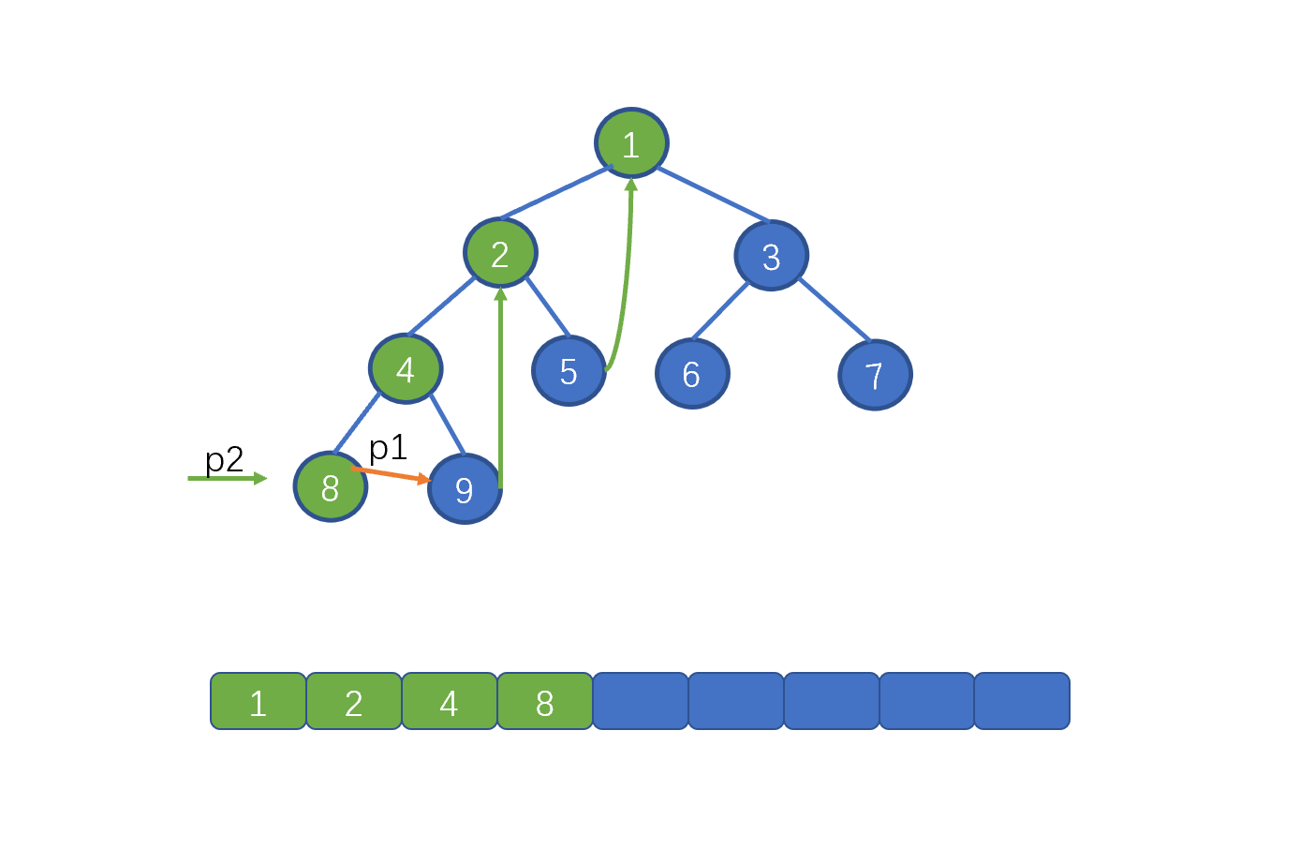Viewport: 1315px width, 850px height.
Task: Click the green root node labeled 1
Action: point(631,142)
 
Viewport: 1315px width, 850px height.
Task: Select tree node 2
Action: point(500,253)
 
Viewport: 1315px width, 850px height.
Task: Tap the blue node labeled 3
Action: point(772,256)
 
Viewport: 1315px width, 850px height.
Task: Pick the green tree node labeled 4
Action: point(406,369)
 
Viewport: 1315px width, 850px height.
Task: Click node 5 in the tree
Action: point(569,371)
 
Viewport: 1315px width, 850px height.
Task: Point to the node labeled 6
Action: point(693,374)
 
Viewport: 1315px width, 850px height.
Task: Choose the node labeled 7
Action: point(876,375)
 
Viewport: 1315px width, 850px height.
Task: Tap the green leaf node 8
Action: point(331,486)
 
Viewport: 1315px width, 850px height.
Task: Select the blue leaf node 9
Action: point(465,489)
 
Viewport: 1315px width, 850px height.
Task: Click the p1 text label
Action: point(388,448)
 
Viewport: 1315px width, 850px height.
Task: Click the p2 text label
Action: point(224,459)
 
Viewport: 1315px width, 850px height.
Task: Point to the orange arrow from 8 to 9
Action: point(391,475)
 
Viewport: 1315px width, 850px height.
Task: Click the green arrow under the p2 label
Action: point(228,479)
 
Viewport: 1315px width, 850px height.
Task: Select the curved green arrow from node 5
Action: point(626,276)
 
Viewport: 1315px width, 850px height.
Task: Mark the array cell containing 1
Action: point(259,701)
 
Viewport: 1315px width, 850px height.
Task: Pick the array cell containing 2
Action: point(354,701)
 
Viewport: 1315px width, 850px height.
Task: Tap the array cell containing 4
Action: point(450,701)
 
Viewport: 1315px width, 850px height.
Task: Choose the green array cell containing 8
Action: point(545,701)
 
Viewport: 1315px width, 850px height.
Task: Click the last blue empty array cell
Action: point(1022,701)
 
